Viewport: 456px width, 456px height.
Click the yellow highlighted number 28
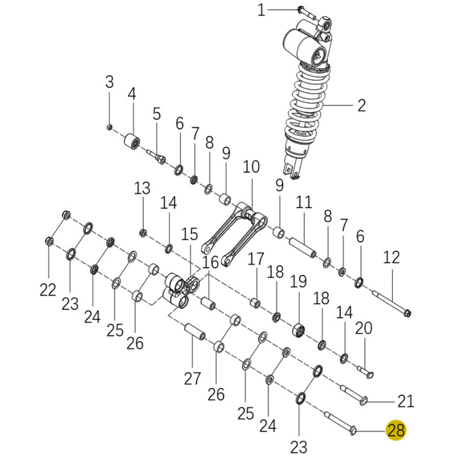[x=396, y=430]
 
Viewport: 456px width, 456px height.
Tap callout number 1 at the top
[x=261, y=10]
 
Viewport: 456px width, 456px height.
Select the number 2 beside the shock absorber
[x=362, y=105]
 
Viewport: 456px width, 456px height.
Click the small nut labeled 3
[x=109, y=127]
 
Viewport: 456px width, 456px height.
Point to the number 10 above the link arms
[x=251, y=167]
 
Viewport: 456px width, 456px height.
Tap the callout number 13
[x=142, y=188]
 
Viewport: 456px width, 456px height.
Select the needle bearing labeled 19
[x=298, y=330]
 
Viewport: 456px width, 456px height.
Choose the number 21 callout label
[x=406, y=401]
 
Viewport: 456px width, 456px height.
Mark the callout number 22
[x=48, y=290]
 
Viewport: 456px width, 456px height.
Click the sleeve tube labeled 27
[x=195, y=332]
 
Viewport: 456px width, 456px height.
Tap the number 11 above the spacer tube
[x=304, y=202]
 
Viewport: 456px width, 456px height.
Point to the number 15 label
[x=189, y=234]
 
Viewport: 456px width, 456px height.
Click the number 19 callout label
[x=298, y=282]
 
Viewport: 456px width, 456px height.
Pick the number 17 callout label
[x=256, y=259]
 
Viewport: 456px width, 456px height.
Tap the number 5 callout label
[x=157, y=114]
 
